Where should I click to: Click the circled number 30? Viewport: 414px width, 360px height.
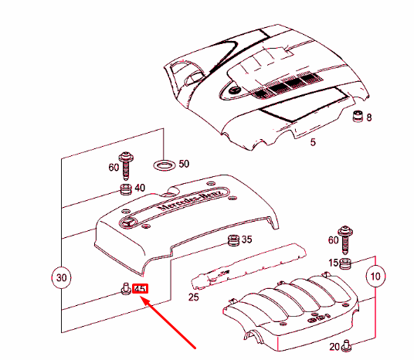(61, 278)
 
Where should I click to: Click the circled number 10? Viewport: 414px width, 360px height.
(375, 277)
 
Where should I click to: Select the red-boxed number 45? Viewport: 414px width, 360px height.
(141, 289)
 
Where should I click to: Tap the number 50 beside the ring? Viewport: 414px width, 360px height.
(184, 164)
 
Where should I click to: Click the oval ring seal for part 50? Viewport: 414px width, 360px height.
(165, 165)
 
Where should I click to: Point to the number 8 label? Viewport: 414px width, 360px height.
(369, 117)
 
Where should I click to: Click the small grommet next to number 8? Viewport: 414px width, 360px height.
(358, 116)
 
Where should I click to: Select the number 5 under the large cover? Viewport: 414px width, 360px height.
(313, 142)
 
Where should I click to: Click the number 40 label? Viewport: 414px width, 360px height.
(140, 188)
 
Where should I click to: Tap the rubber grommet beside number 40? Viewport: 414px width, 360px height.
(126, 189)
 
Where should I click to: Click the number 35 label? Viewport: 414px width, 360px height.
(246, 239)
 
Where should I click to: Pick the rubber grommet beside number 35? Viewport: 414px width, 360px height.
(234, 240)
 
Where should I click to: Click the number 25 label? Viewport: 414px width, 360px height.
(194, 297)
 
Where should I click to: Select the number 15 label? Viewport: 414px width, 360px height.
(334, 263)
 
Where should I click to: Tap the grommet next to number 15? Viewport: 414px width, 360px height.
(345, 264)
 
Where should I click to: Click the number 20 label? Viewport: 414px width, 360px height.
(334, 347)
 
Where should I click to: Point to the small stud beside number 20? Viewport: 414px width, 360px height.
(346, 346)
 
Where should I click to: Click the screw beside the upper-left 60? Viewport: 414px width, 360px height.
(126, 165)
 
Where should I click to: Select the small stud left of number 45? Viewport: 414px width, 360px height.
(126, 288)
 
